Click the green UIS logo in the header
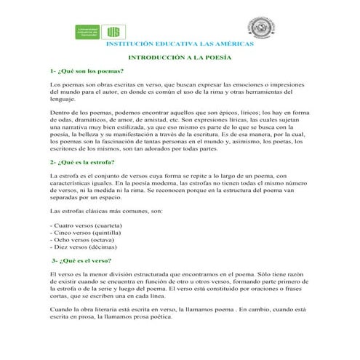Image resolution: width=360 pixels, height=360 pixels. coord(113,31)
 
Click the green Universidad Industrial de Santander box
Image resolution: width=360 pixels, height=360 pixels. coord(89,31)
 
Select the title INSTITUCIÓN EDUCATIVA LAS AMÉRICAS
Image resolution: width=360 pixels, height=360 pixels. coord(180,44)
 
